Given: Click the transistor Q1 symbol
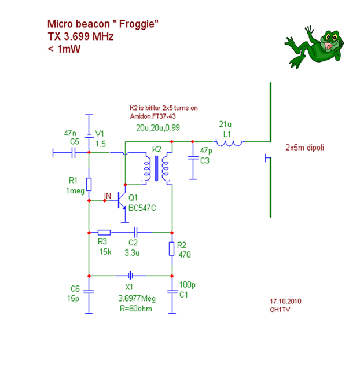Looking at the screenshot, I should click(122, 203).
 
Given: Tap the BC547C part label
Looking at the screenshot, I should click(142, 208).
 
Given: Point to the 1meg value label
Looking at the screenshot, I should click(76, 190).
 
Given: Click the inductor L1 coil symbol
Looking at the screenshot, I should click(229, 141).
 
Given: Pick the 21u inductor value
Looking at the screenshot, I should click(225, 124).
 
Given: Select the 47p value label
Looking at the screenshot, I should click(205, 151).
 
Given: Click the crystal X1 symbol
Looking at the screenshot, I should click(131, 276).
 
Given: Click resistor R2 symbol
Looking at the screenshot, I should click(171, 249).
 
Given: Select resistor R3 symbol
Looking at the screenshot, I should click(104, 232).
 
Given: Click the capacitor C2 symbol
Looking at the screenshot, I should click(134, 232).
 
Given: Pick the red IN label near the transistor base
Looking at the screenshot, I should click(106, 197).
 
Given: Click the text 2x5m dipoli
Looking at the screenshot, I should click(305, 148).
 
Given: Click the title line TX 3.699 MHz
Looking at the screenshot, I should click(80, 36).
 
